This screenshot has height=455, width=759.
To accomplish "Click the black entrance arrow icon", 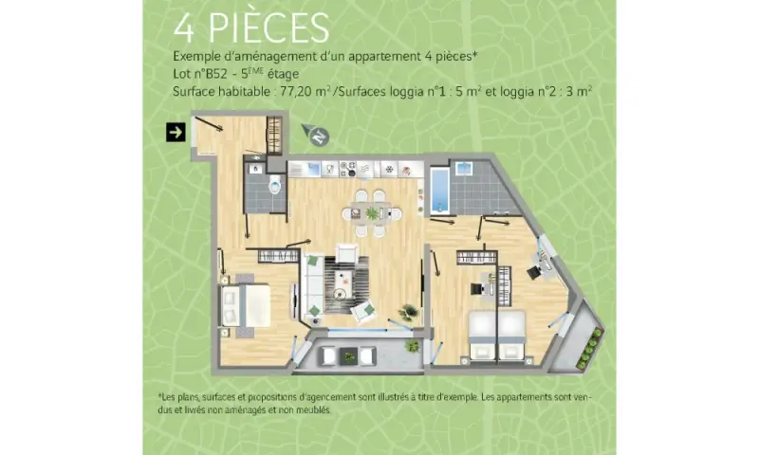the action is click(176, 132).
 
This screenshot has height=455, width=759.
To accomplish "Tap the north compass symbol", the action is click(316, 135).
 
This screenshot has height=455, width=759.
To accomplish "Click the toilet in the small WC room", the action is click(275, 184).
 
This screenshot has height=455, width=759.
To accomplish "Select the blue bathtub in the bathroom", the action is click(440, 191).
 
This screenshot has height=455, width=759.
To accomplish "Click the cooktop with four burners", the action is click(347, 169).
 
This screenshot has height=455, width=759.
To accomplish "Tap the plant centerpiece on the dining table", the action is click(372, 213).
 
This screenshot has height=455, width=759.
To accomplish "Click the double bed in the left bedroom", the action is click(246, 304).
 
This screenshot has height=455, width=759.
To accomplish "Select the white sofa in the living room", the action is click(313, 286).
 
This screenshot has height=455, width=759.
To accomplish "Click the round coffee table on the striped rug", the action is click(341, 293).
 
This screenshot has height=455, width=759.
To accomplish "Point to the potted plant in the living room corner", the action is click(408, 312).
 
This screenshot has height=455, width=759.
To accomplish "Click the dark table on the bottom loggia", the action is click(348, 356).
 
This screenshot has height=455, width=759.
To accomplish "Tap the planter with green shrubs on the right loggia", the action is click(591, 349).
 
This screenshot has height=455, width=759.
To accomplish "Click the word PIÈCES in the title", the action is click(268, 28).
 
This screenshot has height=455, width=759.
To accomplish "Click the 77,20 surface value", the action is click(295, 91).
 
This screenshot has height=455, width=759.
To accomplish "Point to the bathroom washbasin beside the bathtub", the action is click(464, 169).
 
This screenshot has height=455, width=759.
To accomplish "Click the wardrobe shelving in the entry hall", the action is click(274, 135).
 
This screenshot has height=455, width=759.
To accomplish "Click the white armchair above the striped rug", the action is click(347, 253).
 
